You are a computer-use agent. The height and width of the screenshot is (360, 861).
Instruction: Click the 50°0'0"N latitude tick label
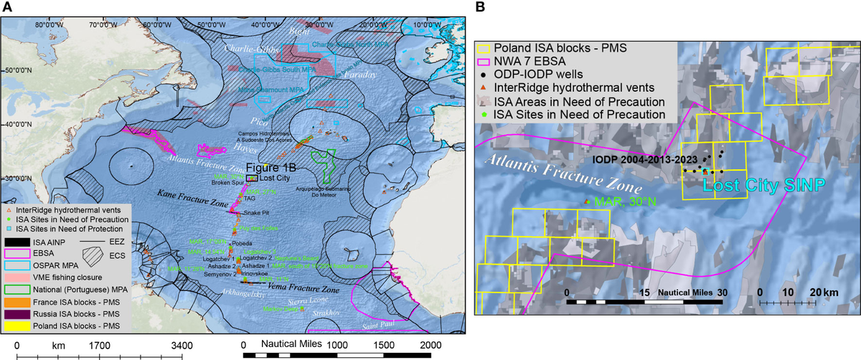tap(17, 71)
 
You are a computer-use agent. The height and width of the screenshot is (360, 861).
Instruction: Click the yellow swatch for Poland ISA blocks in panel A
tap(22, 325)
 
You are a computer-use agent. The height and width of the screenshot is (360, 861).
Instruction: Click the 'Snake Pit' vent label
tap(255, 213)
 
